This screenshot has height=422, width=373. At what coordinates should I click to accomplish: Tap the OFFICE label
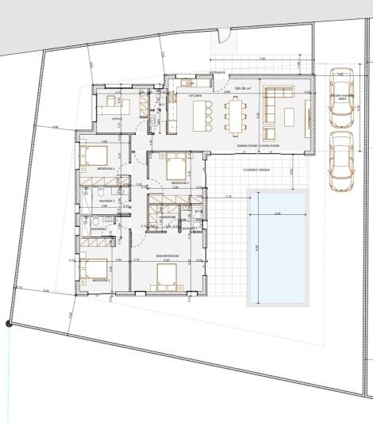click(x=116, y=118)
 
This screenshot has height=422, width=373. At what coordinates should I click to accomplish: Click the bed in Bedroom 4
click(x=97, y=154)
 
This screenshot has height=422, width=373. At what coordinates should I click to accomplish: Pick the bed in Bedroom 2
click(x=97, y=268)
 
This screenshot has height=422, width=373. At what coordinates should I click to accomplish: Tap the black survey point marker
click(x=8, y=323)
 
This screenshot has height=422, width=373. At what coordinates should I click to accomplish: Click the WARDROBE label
click(x=167, y=216)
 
